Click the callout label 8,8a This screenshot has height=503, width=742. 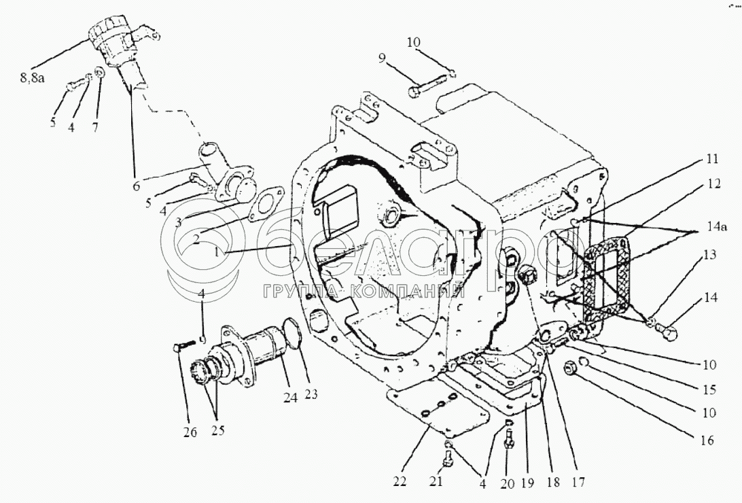click(x=32, y=78)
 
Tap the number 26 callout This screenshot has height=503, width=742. click(x=190, y=432)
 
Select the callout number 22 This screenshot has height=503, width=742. click(x=400, y=482)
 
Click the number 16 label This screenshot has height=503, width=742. click(x=707, y=440)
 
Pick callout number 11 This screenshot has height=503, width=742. click(x=711, y=159)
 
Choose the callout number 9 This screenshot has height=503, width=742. click(x=382, y=58)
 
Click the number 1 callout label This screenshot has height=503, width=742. click(x=217, y=252)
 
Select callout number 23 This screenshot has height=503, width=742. click(x=311, y=394)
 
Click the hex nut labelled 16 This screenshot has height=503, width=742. click(x=570, y=368)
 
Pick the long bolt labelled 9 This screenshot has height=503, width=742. click(x=427, y=86)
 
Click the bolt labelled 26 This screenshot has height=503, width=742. click(x=183, y=345)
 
